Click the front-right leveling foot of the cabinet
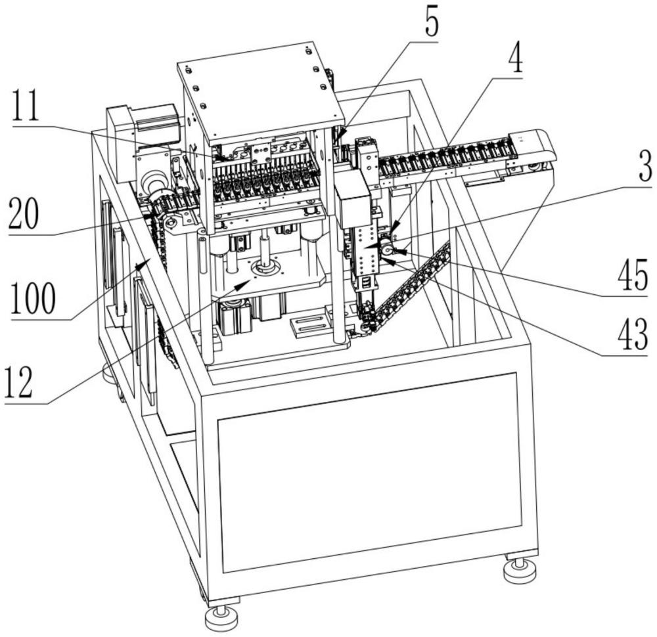519,569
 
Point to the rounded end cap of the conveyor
537,148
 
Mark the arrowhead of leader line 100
139,265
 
